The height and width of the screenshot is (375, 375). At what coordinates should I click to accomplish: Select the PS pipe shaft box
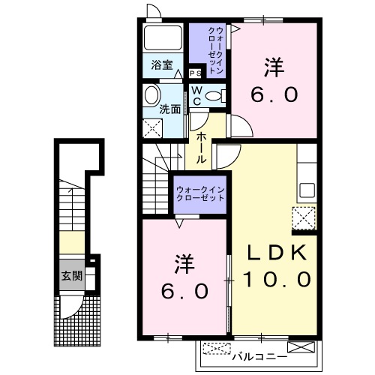tap(195, 73)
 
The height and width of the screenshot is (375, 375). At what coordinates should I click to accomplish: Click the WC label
tap(196, 94)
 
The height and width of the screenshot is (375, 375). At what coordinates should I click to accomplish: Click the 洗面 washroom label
tap(170, 109)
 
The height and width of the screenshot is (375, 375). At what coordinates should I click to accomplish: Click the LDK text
tap(274, 253)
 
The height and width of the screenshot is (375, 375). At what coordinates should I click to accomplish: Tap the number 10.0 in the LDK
tap(276, 279)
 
